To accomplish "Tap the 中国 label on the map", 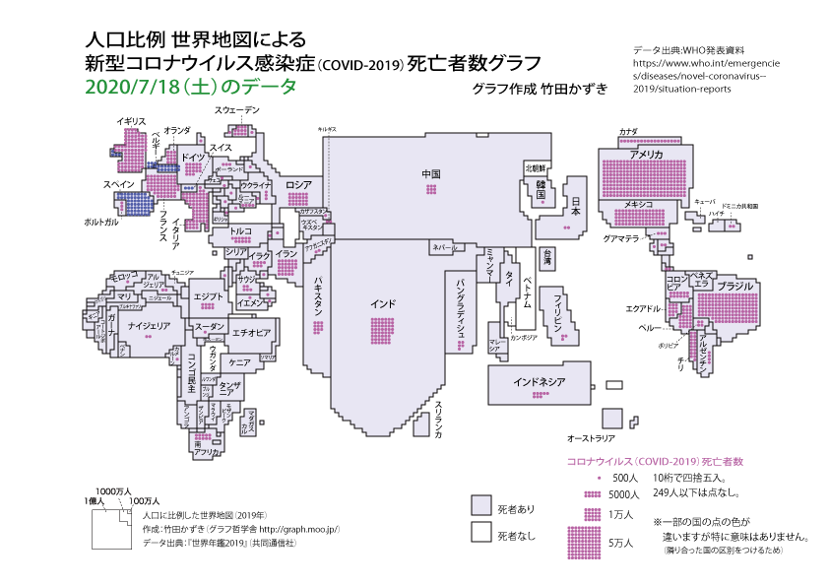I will click(431, 174).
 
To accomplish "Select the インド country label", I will click(384, 302).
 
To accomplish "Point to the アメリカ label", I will click(646, 156).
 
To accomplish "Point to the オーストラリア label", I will click(591, 436).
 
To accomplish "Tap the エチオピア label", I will click(251, 333).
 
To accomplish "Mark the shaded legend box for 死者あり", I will click(480, 506).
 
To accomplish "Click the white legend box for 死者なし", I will click(480, 532).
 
